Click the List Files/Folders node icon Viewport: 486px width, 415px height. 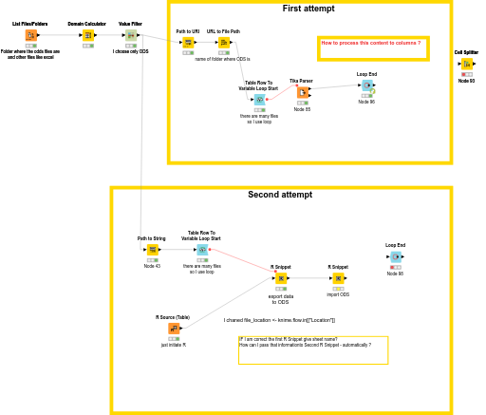click(x=30, y=35)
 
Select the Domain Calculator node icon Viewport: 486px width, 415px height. click(x=87, y=35)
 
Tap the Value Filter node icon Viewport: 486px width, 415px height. click(x=131, y=35)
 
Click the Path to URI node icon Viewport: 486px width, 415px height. click(x=188, y=43)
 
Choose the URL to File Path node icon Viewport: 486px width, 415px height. click(x=224, y=43)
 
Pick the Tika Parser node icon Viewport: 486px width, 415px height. click(x=302, y=92)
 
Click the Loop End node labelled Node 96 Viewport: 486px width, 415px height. click(x=366, y=85)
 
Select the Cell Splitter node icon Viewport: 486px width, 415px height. click(x=466, y=65)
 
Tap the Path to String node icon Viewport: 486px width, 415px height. click(x=152, y=249)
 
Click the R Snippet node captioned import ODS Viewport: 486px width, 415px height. click(x=338, y=279)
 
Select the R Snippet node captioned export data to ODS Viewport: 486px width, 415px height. click(x=280, y=279)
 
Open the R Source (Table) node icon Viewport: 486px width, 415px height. click(x=174, y=329)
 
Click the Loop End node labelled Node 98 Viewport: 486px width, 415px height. click(x=395, y=256)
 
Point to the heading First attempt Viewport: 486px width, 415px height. click(x=308, y=9)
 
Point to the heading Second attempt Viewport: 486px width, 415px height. click(x=280, y=195)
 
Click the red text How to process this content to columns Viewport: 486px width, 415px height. click(x=370, y=43)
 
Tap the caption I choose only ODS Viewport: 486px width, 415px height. click(x=131, y=51)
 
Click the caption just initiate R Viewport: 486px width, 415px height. click(x=174, y=345)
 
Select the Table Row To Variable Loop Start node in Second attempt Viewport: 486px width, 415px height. click(x=201, y=249)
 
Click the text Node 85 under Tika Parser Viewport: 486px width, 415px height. click(x=302, y=109)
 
